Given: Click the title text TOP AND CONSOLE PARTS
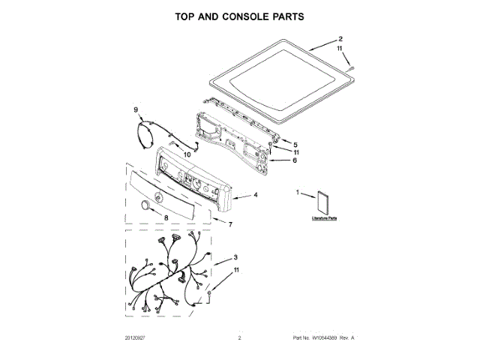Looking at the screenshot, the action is click(240, 16).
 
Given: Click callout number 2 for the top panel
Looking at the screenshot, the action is click(340, 39).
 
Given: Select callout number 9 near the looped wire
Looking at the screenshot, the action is click(136, 110).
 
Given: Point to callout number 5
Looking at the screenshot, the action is click(295, 144).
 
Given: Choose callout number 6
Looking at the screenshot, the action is click(295, 160).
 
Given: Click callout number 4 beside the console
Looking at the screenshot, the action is click(256, 195).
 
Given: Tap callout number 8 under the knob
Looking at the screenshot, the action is click(166, 217).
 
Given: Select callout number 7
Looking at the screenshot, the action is click(230, 224).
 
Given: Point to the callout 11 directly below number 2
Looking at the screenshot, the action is click(340, 49).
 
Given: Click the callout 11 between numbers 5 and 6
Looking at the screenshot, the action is click(295, 152).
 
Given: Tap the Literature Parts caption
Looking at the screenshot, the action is click(324, 218).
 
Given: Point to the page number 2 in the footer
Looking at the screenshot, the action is click(239, 339).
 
